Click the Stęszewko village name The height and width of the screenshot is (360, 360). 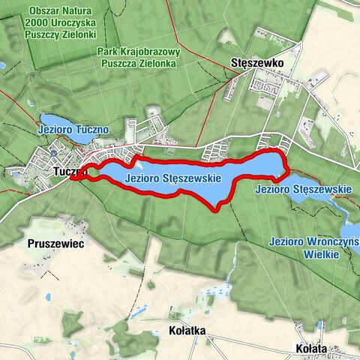256,64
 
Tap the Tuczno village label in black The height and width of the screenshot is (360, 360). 70,172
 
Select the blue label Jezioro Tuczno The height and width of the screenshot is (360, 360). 73,130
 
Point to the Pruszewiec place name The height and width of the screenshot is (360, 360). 54,244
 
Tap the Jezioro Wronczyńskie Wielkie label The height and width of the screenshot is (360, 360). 313,248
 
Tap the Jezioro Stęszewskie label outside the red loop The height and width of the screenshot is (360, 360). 302,189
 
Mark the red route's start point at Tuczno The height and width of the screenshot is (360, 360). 73,177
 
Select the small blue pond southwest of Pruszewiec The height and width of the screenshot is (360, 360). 48,297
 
